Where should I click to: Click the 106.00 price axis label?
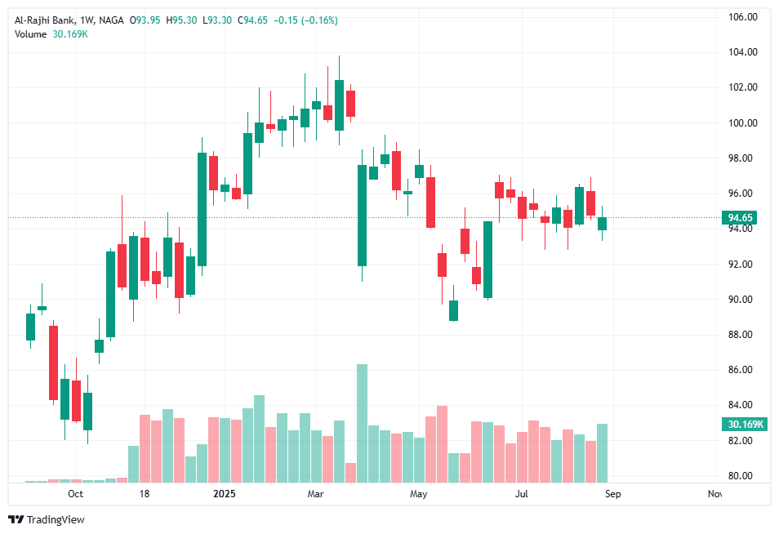coord(743,16)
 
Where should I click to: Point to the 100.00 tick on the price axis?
coord(743,122)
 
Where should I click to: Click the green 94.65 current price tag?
coord(742,217)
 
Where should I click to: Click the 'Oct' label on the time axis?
coord(75,494)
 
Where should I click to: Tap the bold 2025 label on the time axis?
coord(224,494)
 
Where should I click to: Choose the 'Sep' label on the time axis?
coord(613,494)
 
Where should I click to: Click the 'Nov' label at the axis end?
coord(714,494)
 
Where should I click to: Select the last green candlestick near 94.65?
coord(602,224)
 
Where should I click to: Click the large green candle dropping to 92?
coord(362,216)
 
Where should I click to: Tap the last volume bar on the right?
coord(602,452)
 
